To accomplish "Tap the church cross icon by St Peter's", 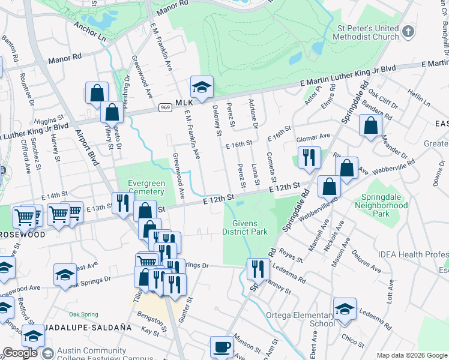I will pyautogui.click(x=408, y=31).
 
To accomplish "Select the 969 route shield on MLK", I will pyautogui.click(x=165, y=107).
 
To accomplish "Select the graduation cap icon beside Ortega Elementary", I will pyautogui.click(x=345, y=309).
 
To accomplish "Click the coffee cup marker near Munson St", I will pyautogui.click(x=221, y=347).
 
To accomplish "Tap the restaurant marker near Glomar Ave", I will pyautogui.click(x=308, y=158).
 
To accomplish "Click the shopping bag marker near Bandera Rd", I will pyautogui.click(x=371, y=125).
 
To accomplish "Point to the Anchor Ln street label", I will pyautogui.click(x=89, y=32).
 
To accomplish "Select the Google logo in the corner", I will pyautogui.click(x=20, y=353).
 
